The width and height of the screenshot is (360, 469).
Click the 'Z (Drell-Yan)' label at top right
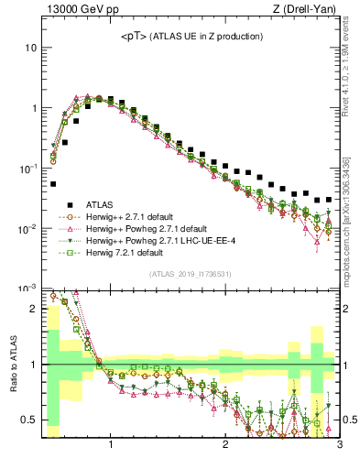(309, 10)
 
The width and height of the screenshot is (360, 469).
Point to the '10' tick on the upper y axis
(31, 47)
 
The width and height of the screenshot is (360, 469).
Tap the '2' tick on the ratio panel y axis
(34, 308)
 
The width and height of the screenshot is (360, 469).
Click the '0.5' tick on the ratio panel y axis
(30, 420)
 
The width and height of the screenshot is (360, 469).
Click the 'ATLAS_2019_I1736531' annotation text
(191, 274)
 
